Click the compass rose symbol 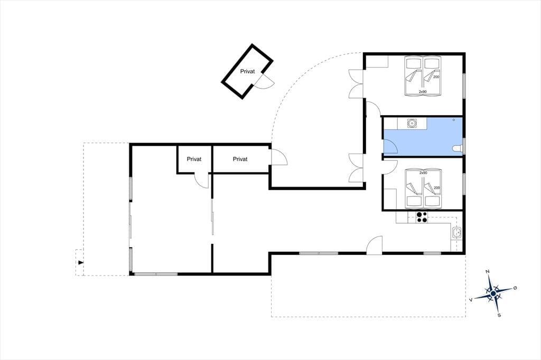(x=493, y=293)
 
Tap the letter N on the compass (x=488, y=272)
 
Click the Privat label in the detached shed (x=247, y=71)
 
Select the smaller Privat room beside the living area (x=194, y=159)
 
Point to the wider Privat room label (x=240, y=159)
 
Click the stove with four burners (x=422, y=217)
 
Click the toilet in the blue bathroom (x=457, y=149)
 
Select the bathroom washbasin (x=412, y=123)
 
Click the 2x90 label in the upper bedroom (x=423, y=92)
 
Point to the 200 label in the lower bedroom (x=437, y=188)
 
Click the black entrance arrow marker (x=81, y=263)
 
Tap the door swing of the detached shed (x=266, y=82)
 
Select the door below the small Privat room (x=202, y=181)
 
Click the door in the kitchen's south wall (x=375, y=245)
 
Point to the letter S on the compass (x=499, y=315)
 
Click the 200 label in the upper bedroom (x=436, y=77)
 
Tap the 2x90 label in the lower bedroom (x=423, y=173)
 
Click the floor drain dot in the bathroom (x=454, y=120)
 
